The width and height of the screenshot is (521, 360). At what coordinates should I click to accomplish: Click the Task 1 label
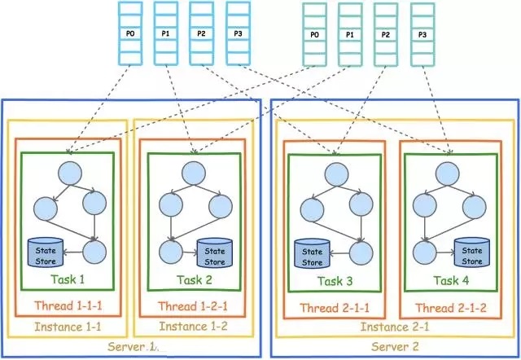pos(68,279)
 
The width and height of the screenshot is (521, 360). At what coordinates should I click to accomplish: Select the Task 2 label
pos(194,280)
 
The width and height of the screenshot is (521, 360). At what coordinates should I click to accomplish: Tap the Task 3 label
pos(335,281)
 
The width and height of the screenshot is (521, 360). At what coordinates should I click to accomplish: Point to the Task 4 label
pos(451,280)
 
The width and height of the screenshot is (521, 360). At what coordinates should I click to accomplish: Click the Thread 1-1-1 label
pos(68,305)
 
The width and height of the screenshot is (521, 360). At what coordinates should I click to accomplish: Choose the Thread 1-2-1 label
pos(193,306)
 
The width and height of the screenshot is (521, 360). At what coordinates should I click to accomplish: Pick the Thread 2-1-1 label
pos(335,308)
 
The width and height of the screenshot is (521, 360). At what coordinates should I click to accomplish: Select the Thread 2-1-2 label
pos(451,308)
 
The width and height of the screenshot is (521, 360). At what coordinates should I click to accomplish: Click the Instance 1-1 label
pos(68,327)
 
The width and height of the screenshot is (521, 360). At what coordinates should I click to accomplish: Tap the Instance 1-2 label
pos(194,327)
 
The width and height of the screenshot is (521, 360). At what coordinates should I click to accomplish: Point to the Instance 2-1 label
pos(395,327)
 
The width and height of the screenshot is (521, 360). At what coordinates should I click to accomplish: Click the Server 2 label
pos(395,347)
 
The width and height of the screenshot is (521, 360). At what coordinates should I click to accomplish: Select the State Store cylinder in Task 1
pos(46,252)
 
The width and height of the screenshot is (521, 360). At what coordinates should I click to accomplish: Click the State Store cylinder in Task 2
pos(215,253)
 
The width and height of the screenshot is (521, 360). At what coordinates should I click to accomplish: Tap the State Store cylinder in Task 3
pos(313,253)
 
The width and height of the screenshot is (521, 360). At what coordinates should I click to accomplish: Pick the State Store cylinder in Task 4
pos(472,252)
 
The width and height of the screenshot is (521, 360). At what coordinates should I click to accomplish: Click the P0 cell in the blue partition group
pos(130,33)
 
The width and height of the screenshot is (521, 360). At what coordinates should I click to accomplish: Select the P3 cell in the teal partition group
pos(422,34)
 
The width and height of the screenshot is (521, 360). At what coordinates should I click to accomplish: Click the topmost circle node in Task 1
pos(70,173)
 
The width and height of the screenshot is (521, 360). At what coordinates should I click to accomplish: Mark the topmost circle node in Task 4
pos(447,173)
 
